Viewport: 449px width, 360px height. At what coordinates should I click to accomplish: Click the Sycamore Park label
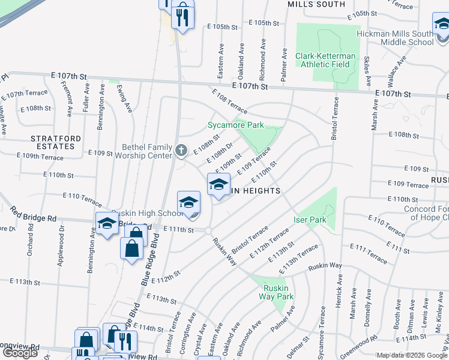tap(236, 125)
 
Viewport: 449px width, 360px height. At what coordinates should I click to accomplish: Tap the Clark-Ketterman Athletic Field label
tap(325, 60)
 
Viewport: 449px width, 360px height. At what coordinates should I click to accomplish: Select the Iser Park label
tap(310, 220)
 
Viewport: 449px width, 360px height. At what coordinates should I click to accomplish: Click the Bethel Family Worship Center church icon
tap(182, 151)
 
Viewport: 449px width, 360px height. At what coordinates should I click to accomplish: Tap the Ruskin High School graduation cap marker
tap(188, 202)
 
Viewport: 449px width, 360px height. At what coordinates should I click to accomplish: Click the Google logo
tap(20, 353)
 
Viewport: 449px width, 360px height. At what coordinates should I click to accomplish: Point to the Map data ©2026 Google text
tap(412, 355)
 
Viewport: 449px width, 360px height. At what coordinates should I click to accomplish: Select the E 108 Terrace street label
tap(229, 101)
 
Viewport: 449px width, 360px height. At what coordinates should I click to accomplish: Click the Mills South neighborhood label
tap(316, 4)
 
